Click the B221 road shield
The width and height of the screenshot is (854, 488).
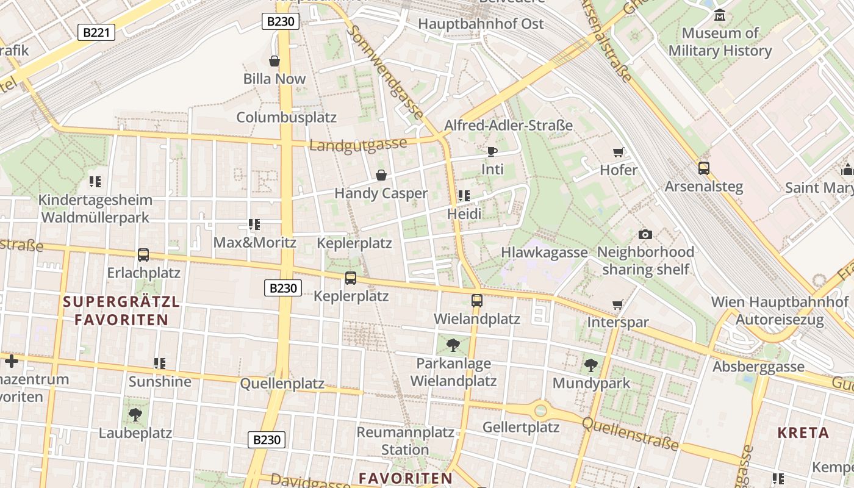point(96,32)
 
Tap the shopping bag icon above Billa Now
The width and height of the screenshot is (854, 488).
point(274,61)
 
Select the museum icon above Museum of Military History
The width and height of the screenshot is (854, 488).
point(720,15)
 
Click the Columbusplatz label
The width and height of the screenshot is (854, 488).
point(286,117)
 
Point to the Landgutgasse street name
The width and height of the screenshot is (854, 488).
point(358,145)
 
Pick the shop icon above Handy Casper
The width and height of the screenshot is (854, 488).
point(381,176)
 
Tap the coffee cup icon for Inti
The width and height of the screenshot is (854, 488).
point(492,151)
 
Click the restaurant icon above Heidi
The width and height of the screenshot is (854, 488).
point(464,196)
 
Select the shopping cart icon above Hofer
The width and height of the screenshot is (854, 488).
point(619,152)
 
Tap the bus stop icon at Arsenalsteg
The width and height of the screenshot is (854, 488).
point(703,168)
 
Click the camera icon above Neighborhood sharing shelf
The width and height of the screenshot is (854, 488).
point(645,234)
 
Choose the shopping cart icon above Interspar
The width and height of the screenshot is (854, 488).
point(618,304)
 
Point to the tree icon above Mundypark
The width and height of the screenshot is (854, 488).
point(590,365)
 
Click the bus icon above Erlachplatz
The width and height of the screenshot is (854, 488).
point(143,254)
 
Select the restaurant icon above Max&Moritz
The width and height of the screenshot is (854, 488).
point(254,224)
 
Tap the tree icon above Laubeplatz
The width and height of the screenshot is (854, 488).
point(135,415)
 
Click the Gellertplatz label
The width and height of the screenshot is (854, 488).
point(521,427)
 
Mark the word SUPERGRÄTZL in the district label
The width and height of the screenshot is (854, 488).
point(121,301)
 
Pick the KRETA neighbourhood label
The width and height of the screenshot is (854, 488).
point(803,433)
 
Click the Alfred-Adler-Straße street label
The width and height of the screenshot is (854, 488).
point(508,126)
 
